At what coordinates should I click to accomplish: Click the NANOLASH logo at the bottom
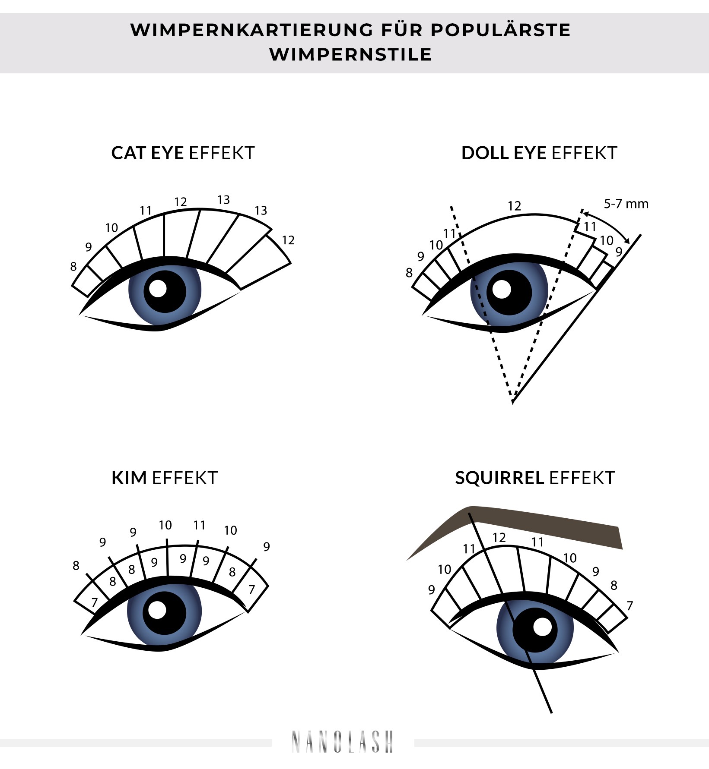[x=343, y=742]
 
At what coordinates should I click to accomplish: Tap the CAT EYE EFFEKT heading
[x=183, y=153]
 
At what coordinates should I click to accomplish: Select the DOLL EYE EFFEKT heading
[x=539, y=153]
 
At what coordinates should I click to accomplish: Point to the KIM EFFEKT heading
[x=164, y=478]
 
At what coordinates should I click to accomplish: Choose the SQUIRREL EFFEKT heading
[x=535, y=478]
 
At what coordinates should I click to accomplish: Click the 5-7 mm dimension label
[x=626, y=204]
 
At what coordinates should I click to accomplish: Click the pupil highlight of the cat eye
[x=158, y=288]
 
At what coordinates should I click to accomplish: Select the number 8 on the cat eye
[x=73, y=267]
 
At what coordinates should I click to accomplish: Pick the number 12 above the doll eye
[x=514, y=206]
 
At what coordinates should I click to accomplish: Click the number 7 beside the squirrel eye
[x=630, y=606]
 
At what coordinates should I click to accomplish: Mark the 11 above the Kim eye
[x=199, y=525]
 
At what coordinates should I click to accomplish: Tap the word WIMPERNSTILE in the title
[x=350, y=55]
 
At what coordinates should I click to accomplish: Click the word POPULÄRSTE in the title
[x=500, y=30]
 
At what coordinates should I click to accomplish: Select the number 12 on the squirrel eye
[x=499, y=538]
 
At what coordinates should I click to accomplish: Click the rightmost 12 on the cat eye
[x=288, y=240]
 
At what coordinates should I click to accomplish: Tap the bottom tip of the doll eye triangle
[x=512, y=402]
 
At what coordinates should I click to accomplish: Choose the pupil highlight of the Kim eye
[x=157, y=610]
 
